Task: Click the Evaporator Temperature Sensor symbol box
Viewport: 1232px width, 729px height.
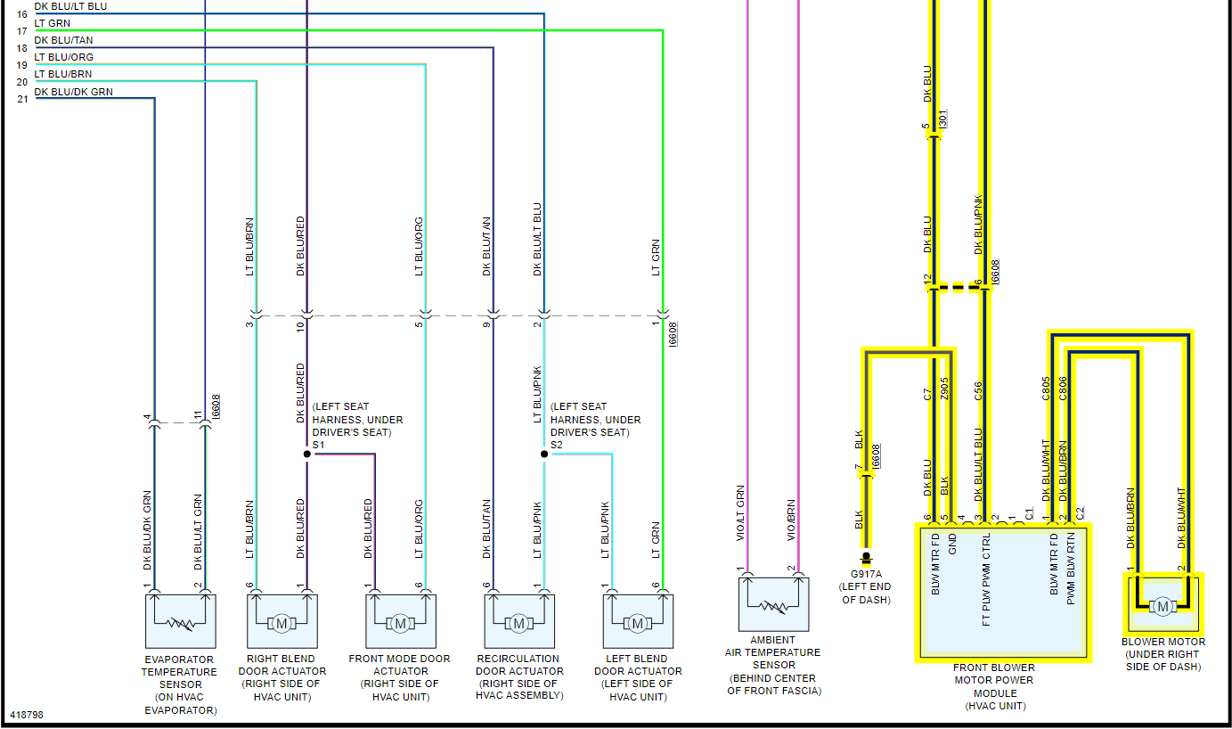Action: click(x=180, y=621)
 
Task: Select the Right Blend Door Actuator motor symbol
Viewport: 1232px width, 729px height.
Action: click(x=281, y=622)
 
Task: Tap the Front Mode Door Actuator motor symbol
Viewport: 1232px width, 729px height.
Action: click(x=400, y=622)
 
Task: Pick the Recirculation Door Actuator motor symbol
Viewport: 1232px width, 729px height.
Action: click(x=518, y=622)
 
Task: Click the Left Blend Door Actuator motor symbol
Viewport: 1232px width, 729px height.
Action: click(x=637, y=622)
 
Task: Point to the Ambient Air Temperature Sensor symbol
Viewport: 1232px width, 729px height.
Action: click(x=773, y=605)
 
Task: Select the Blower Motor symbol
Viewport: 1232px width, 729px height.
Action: click(x=1163, y=606)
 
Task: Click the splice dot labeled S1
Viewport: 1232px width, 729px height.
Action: click(x=307, y=454)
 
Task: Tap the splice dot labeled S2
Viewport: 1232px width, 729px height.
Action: click(x=544, y=454)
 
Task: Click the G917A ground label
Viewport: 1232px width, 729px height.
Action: click(x=866, y=575)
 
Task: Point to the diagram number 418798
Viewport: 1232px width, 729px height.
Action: click(x=27, y=715)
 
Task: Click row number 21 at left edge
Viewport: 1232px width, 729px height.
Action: click(x=22, y=99)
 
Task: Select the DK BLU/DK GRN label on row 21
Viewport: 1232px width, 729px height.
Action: click(x=74, y=92)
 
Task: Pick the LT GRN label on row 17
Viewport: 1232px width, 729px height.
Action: click(x=53, y=23)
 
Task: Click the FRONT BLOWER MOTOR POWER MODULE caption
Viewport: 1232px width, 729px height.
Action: click(x=994, y=686)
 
